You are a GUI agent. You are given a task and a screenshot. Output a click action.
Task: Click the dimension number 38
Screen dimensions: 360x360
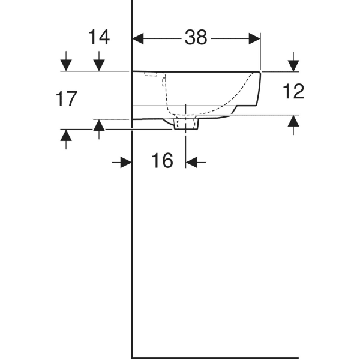point(196,37)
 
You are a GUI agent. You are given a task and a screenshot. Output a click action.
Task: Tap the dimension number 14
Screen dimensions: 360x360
point(99,37)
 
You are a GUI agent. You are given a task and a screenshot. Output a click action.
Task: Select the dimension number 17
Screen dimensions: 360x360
point(66,99)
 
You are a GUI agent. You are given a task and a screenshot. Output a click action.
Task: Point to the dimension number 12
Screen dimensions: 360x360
point(293,91)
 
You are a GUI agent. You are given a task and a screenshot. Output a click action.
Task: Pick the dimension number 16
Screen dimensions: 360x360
point(162,160)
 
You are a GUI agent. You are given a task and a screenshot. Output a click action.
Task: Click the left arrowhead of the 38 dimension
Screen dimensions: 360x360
point(138,38)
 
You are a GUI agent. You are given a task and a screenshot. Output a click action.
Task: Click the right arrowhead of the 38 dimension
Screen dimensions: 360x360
point(254,38)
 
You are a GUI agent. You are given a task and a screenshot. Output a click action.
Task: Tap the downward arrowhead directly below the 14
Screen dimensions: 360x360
point(99,65)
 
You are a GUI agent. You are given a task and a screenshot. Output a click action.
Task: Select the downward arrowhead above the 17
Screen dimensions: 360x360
point(66,65)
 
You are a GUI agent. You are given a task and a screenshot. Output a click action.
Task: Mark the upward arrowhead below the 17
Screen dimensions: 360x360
point(66,135)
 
